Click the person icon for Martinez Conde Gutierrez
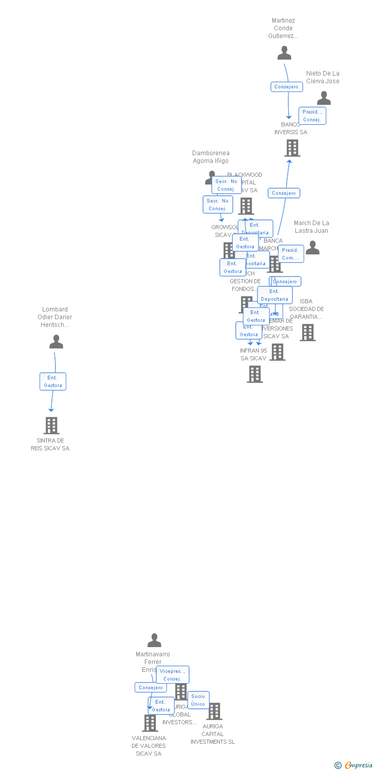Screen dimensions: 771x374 (284, 53)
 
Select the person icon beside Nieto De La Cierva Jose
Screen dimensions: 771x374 (324, 98)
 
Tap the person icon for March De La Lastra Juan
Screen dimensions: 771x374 (312, 248)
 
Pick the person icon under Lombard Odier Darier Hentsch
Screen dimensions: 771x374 (56, 342)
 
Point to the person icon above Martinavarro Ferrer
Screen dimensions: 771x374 (154, 640)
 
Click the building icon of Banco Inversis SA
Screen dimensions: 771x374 (292, 148)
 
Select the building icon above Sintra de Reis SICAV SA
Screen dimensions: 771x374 (51, 426)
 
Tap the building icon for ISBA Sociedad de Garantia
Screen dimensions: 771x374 (307, 333)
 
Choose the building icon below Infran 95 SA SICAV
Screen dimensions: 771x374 (255, 374)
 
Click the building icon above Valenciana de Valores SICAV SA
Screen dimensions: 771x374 (150, 723)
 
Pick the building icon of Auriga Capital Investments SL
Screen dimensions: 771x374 (214, 711)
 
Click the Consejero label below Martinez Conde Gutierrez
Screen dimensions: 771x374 (287, 87)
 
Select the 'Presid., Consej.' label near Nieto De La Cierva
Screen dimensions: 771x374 (312, 116)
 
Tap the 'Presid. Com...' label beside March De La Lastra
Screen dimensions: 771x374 (290, 254)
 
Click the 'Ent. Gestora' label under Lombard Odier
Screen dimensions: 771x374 (53, 381)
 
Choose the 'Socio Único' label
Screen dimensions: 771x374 (198, 700)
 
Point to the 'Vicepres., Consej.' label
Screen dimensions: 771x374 (173, 675)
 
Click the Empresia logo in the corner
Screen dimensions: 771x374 (354, 765)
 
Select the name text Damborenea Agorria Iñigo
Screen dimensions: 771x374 (211, 157)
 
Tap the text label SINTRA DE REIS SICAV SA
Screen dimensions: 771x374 (50, 445)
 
